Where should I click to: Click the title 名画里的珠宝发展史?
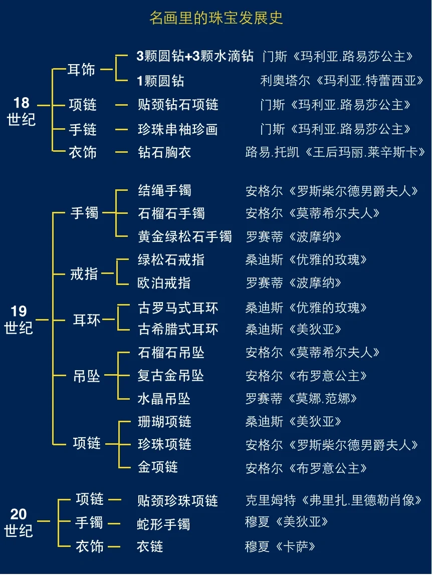[216, 18]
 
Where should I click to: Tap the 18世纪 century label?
[22, 111]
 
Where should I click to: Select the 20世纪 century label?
[19, 522]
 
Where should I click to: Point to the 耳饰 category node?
[81, 70]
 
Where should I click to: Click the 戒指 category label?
[84, 273]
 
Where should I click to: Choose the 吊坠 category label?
[87, 376]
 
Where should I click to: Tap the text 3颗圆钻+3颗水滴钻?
[195, 56]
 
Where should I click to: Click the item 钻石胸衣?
[164, 152]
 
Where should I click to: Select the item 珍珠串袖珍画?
[177, 130]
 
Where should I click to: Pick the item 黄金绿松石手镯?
[184, 236]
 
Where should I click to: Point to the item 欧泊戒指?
[164, 282]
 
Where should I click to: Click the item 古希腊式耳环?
[178, 329]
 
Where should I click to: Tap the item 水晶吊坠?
[164, 399]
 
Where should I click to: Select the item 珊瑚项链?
[164, 421]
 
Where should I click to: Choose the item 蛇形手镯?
[163, 524]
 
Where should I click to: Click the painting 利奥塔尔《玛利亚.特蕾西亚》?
[342, 80]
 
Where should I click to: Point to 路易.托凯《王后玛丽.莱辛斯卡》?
[335, 152]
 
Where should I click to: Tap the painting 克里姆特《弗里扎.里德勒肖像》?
[333, 500]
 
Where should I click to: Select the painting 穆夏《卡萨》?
[280, 546]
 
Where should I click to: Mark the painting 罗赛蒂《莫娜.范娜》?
[301, 399]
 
